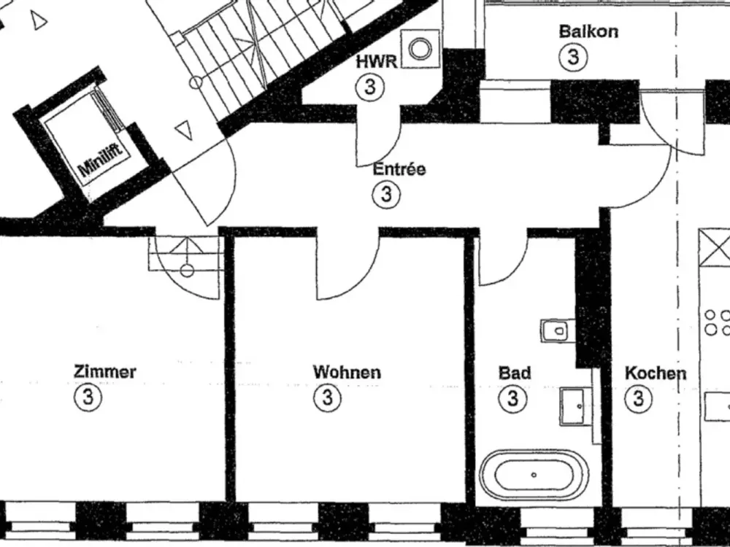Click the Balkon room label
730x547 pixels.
point(588,31)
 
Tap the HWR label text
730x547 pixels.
point(377,62)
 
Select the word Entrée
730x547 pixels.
point(399,168)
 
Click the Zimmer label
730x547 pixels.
point(104,372)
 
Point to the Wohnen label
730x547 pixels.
point(347,372)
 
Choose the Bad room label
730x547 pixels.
point(515,373)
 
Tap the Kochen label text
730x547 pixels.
point(655,373)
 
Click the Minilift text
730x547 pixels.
point(101,160)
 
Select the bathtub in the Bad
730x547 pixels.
point(534,475)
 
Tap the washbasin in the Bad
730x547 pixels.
point(572,406)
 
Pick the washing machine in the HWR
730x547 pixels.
point(420,49)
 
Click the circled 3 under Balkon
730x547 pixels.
point(573,57)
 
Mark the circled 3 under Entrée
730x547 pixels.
point(386,194)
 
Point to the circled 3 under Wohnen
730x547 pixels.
point(327,398)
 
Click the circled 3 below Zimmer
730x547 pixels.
point(88,397)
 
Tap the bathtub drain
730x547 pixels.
point(534,475)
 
